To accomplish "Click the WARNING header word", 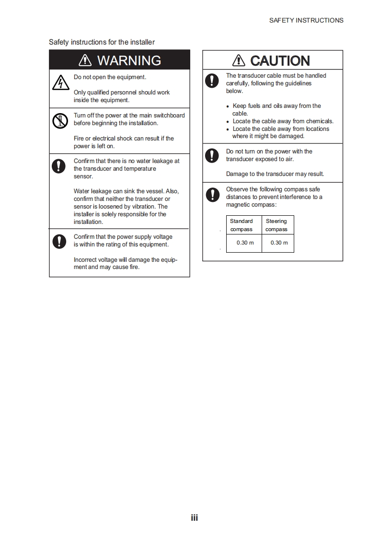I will (129, 60).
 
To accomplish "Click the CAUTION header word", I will (280, 61).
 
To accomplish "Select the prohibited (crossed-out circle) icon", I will (58, 121).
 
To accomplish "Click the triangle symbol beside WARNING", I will (85, 60).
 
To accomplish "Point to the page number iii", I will (194, 517).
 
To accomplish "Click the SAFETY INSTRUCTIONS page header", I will (306, 20).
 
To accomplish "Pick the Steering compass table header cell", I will (276, 225).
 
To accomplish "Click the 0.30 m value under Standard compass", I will (245, 243).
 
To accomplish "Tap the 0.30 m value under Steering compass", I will (279, 243).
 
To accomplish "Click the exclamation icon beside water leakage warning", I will (58, 166).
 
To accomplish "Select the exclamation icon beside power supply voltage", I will (58, 241).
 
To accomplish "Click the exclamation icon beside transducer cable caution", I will (211, 80).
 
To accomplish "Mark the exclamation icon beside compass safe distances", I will (211, 194).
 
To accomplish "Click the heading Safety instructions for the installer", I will (102, 42).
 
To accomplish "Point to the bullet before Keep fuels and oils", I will (228, 106).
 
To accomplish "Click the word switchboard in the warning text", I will (169, 116).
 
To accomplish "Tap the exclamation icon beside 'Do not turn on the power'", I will (211, 155).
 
